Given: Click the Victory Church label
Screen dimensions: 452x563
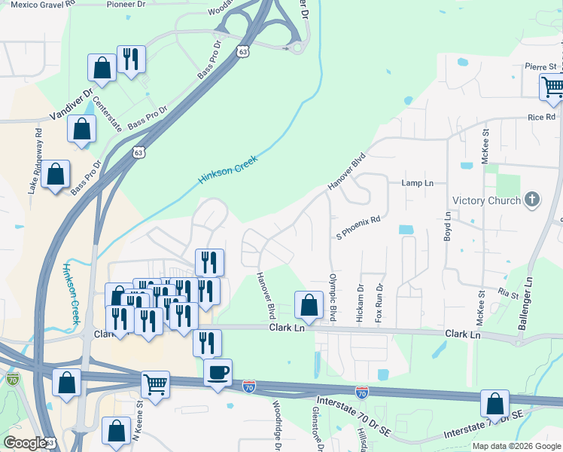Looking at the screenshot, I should [x=486, y=200].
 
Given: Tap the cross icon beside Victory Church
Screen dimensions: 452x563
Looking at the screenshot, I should [x=532, y=200].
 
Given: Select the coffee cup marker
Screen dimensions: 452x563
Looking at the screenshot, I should [x=218, y=373].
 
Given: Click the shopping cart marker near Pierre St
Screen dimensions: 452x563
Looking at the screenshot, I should [x=552, y=87].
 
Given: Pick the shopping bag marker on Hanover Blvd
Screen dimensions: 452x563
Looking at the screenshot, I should [x=308, y=305].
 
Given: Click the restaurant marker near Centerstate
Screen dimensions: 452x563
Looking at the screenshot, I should [x=131, y=60].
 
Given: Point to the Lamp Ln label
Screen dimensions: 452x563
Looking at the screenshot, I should [x=418, y=183].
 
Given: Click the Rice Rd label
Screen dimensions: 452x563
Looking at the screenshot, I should [x=541, y=117].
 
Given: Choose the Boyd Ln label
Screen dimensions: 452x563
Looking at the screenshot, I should [x=447, y=225].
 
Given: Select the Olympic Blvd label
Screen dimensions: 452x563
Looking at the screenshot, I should [x=331, y=297].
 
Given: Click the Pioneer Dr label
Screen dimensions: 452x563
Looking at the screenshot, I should [x=125, y=4].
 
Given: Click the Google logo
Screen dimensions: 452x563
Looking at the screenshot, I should [x=24, y=443].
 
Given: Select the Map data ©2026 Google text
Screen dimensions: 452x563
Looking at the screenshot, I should [x=516, y=446].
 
